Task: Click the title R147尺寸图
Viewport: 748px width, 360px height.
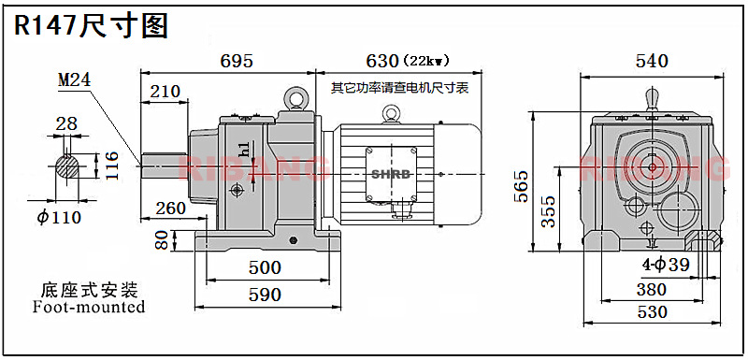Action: pyautogui.click(x=91, y=25)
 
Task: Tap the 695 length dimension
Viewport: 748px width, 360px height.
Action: pyautogui.click(x=237, y=61)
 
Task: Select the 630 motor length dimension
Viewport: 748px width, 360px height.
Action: pyautogui.click(x=381, y=61)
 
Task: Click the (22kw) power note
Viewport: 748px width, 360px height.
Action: pyautogui.click(x=426, y=61)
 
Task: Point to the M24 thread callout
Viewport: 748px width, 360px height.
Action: pyautogui.click(x=75, y=79)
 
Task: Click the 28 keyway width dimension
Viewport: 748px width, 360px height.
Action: pyautogui.click(x=66, y=123)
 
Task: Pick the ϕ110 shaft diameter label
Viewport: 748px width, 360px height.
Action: pyautogui.click(x=59, y=218)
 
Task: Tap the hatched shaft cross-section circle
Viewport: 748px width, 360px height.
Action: pyautogui.click(x=67, y=166)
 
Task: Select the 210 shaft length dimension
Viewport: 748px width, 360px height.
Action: pyautogui.click(x=165, y=91)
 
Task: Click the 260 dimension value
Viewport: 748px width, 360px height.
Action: pyautogui.click(x=170, y=209)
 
